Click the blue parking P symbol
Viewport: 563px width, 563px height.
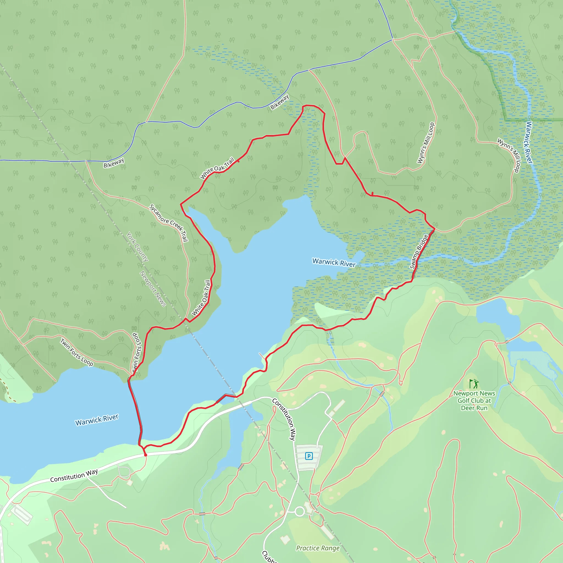point(309,456)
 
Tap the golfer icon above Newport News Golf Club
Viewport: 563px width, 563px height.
point(474,384)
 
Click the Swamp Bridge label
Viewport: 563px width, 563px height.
point(419,252)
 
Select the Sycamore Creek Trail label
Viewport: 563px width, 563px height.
point(169,223)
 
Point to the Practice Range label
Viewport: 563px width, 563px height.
point(318,548)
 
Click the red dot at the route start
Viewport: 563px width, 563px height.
point(145,455)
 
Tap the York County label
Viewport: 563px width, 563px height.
point(137,247)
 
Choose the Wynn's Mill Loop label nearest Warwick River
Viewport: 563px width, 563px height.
point(509,155)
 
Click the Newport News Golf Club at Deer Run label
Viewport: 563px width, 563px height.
point(474,401)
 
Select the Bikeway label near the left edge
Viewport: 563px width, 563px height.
point(114,163)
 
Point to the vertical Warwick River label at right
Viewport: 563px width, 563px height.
point(529,142)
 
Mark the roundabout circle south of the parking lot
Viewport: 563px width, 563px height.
point(300,511)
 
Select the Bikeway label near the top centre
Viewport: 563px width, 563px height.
point(280,102)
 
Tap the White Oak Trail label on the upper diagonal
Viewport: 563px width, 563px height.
point(217,168)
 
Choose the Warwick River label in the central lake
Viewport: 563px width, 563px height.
point(334,262)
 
